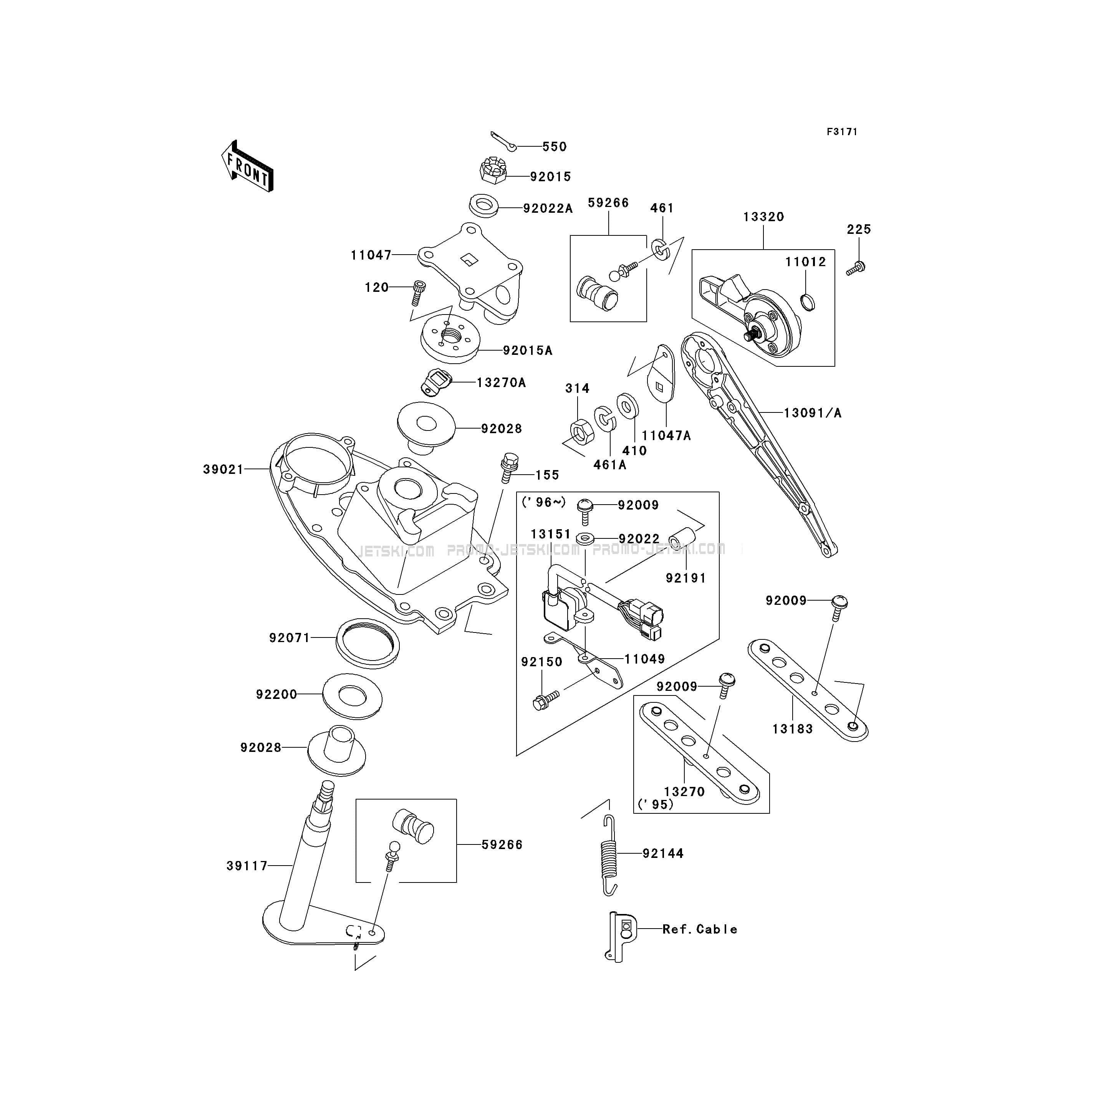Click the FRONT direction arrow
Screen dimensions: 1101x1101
point(247,166)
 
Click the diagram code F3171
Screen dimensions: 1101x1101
point(842,132)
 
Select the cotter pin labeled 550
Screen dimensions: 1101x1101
point(503,142)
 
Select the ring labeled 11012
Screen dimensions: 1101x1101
point(808,301)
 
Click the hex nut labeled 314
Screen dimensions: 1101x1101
point(582,431)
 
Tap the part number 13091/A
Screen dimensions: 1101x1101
point(813,413)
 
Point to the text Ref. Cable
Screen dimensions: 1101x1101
point(700,929)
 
